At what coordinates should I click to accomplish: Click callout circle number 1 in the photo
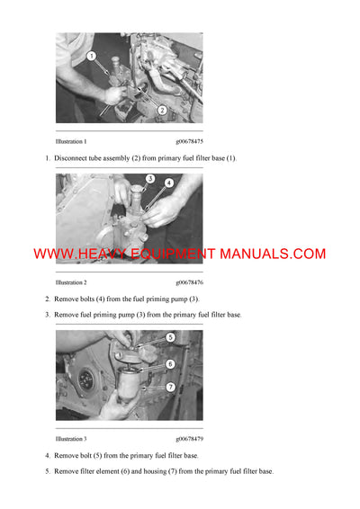click(x=92, y=56)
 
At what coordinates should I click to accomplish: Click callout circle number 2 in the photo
click(x=162, y=110)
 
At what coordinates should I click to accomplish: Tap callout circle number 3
click(x=150, y=178)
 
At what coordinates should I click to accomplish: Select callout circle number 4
click(x=168, y=183)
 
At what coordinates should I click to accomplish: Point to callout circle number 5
click(x=169, y=338)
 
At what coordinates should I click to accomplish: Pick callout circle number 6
click(x=169, y=363)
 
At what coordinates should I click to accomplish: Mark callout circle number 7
click(x=169, y=387)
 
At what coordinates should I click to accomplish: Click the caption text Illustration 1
click(x=71, y=142)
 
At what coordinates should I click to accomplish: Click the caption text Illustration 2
click(x=71, y=281)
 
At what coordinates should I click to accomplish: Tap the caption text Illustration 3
click(x=71, y=439)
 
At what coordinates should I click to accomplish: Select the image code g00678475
click(x=189, y=142)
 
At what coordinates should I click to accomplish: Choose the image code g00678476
click(x=189, y=281)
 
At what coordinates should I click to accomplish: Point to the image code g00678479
click(x=189, y=439)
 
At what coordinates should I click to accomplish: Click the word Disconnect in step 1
click(x=73, y=158)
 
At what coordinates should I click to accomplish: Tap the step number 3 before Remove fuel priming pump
click(x=47, y=315)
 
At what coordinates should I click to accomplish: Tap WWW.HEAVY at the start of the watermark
click(x=76, y=254)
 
